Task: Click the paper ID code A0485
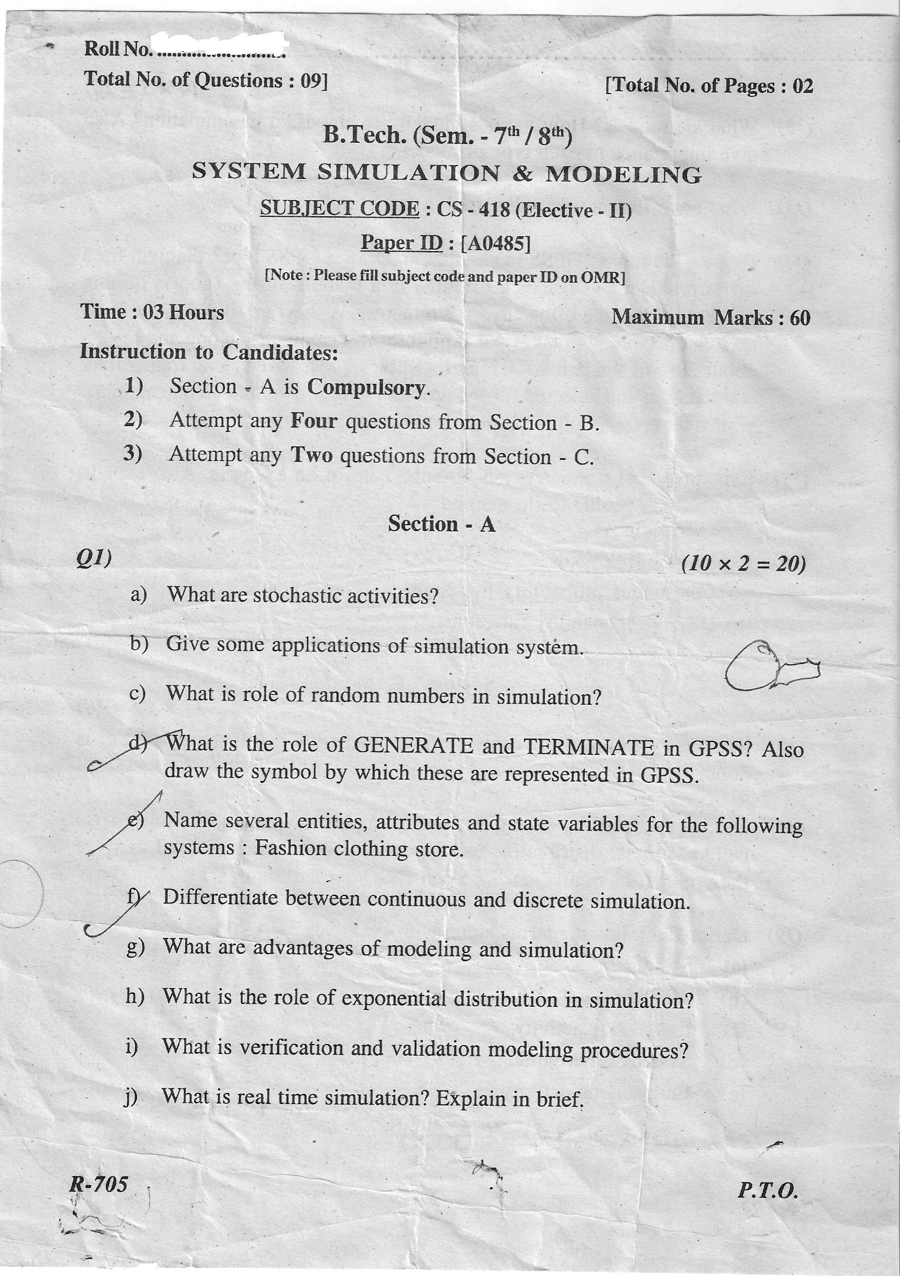click(495, 243)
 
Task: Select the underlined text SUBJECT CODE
click(340, 208)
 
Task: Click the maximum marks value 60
click(800, 318)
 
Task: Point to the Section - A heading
click(442, 524)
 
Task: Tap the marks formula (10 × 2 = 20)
click(744, 563)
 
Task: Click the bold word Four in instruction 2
click(314, 421)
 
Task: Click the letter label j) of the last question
click(130, 1098)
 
